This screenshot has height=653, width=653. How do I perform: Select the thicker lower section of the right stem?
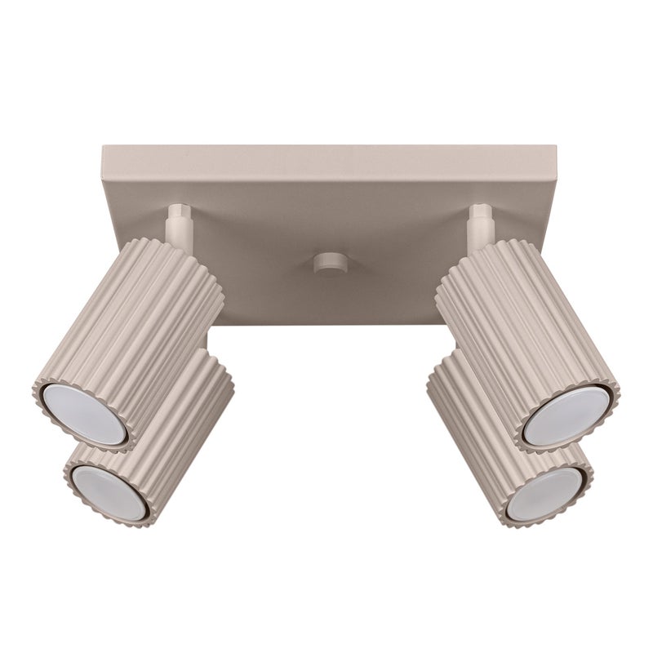[x=479, y=232]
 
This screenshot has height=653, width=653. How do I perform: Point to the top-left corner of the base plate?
[x=102, y=147]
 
